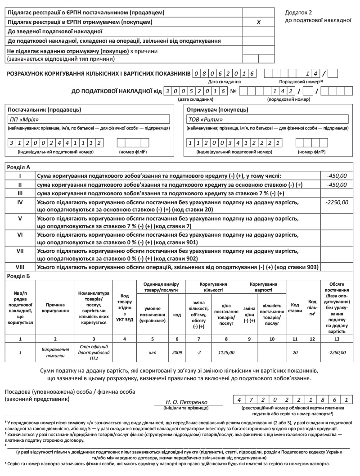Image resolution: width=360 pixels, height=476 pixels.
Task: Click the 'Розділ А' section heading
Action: pos(19,167)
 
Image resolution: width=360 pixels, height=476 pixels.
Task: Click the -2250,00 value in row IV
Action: pos(336,202)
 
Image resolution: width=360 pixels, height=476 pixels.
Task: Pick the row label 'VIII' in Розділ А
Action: pos(20,267)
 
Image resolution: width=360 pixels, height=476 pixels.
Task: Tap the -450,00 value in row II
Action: pos(337,184)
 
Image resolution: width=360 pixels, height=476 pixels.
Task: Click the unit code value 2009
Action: pos(177,352)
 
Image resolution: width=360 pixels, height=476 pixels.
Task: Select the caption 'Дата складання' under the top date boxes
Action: pos(224,81)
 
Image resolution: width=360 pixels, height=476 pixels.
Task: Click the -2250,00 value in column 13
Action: pos(337,352)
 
